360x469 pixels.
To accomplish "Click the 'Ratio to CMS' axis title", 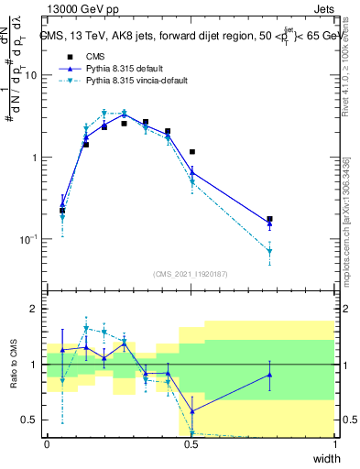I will coord(13,365).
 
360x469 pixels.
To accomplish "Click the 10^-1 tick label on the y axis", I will coord(30,239).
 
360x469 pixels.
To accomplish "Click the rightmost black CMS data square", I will coord(269,220).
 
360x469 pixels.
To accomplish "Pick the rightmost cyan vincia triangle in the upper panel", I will coord(269,252).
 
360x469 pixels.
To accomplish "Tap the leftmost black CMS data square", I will coord(62,211).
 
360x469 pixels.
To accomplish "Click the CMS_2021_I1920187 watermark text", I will coord(191,274).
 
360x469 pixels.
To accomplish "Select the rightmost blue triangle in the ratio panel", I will coord(269,374).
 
